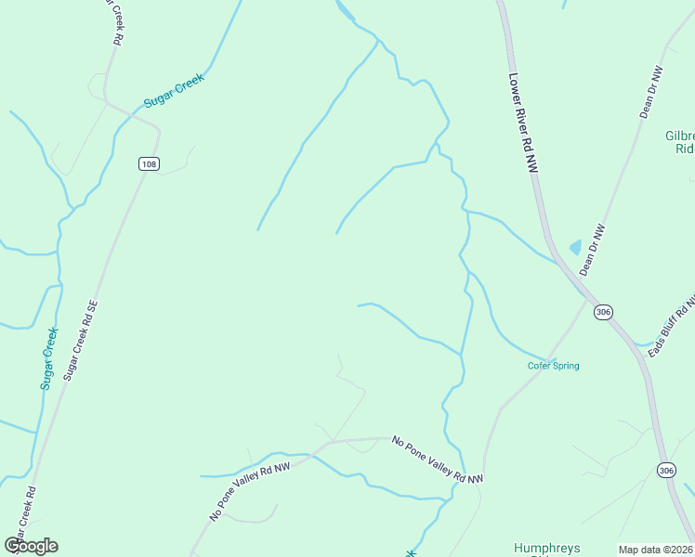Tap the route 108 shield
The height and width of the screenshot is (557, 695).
point(149,164)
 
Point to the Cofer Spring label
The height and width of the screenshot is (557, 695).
point(554,366)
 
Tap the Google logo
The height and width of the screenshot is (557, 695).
point(31,546)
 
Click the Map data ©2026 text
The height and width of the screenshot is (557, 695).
point(655,550)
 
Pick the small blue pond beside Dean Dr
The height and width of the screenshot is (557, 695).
point(575,248)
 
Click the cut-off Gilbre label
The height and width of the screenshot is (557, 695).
point(680,141)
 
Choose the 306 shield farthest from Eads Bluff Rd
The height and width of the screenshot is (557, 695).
point(665,471)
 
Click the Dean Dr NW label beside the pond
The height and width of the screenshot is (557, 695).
point(592,251)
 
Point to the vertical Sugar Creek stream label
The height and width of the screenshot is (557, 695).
point(49,357)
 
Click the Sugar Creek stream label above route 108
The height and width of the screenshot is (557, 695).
point(173,90)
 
